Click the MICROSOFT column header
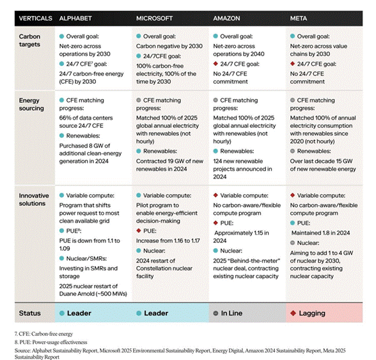(x=155, y=19)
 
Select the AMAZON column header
(x=226, y=19)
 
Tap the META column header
(x=299, y=19)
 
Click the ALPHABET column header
(x=75, y=19)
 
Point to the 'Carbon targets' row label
(x=29, y=40)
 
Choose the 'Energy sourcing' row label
(x=31, y=104)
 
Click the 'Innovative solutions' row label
(x=34, y=200)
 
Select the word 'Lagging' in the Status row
(x=312, y=313)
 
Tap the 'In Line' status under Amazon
(x=231, y=313)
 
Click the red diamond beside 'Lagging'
(x=293, y=313)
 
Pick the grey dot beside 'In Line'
(x=215, y=313)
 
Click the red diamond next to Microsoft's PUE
(x=139, y=231)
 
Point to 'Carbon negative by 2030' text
(x=169, y=46)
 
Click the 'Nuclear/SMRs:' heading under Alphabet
(x=86, y=258)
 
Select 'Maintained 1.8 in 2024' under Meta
(x=320, y=233)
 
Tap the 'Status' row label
(x=29, y=313)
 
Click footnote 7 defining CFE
(x=43, y=334)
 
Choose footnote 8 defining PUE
(x=51, y=342)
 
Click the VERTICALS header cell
(x=36, y=19)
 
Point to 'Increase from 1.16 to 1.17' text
(x=168, y=241)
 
